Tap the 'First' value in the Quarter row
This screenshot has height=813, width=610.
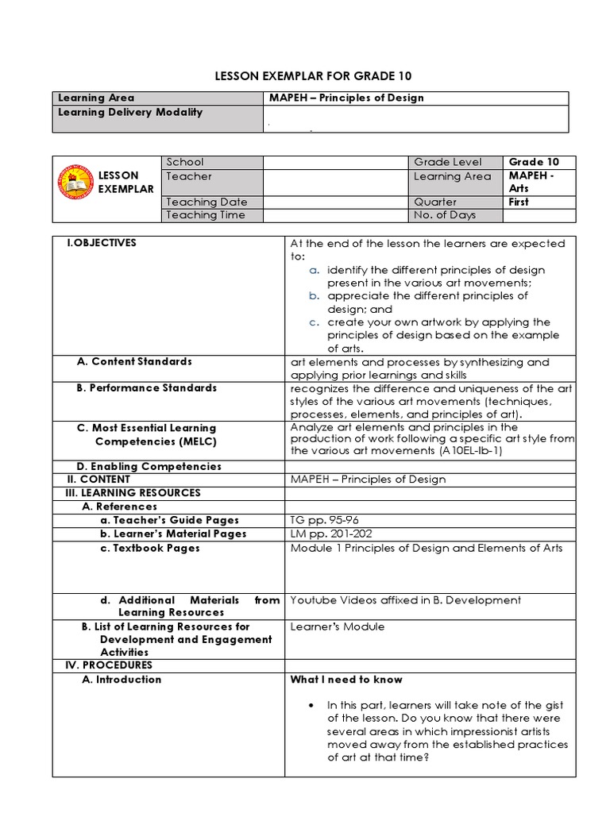519,202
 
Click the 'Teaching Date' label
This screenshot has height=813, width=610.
202,202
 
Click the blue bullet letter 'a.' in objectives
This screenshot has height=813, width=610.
315,270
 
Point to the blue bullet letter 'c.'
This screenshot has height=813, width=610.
315,322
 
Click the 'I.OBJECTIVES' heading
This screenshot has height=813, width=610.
102,243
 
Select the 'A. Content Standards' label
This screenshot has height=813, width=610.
134,361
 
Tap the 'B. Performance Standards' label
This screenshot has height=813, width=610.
146,388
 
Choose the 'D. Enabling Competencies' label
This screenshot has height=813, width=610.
149,466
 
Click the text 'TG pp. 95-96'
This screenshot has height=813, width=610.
319,520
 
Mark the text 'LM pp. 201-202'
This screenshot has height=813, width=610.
325,534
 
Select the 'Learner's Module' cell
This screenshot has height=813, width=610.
338,626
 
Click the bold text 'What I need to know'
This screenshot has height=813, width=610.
346,679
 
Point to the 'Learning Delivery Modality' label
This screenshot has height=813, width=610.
130,112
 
